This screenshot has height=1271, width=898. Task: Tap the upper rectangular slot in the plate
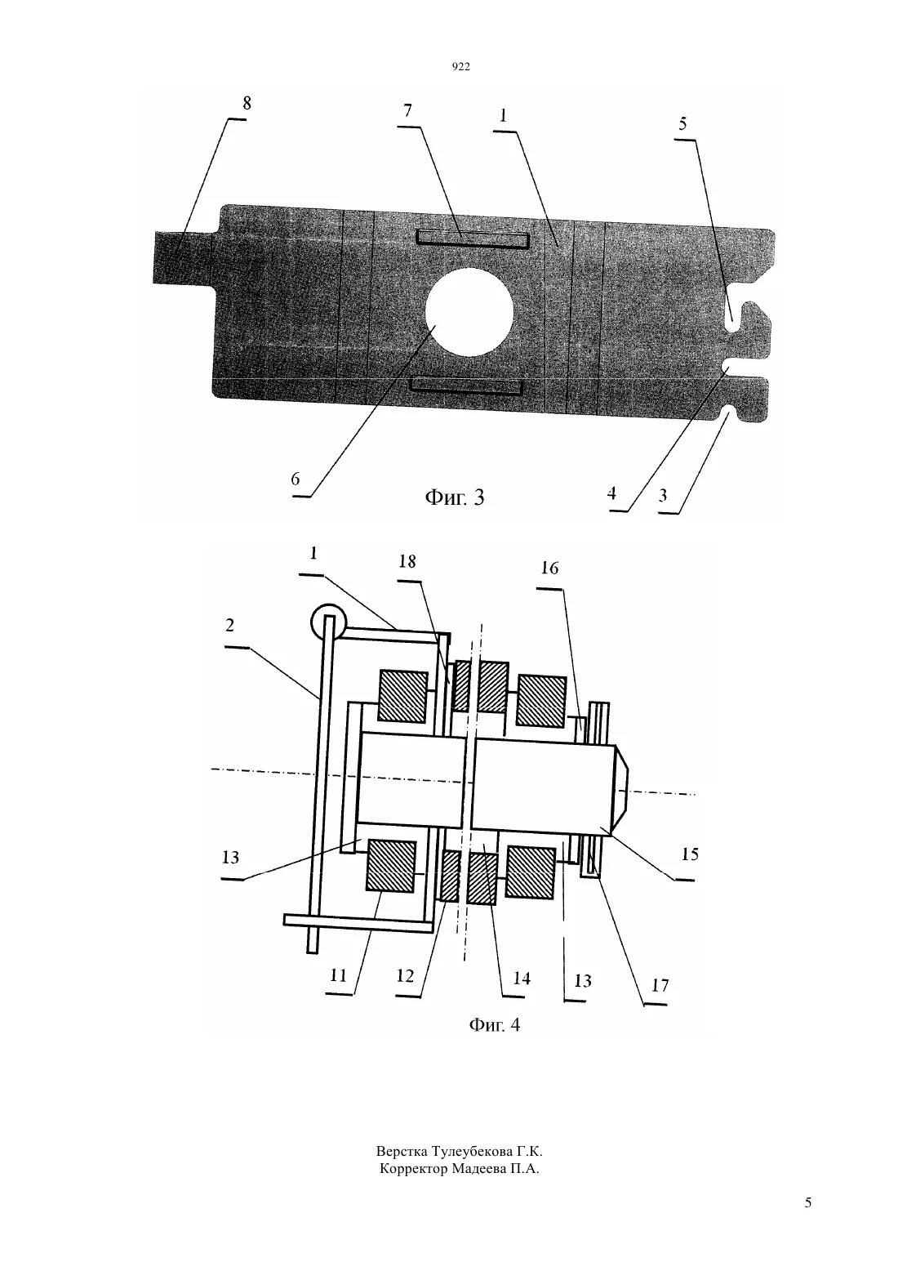click(x=473, y=239)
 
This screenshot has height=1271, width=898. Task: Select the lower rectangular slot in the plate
click(x=468, y=385)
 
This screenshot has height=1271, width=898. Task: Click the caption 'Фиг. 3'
click(x=454, y=497)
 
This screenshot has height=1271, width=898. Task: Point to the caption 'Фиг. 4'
click(x=494, y=1024)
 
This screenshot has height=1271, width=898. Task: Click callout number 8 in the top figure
click(x=247, y=104)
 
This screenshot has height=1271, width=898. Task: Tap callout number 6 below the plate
click(x=296, y=479)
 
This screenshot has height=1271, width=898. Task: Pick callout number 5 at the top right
click(x=682, y=124)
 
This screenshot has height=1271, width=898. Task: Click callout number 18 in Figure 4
click(x=407, y=562)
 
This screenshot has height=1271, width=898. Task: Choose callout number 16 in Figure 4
click(x=549, y=568)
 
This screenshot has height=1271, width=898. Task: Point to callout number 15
click(x=690, y=854)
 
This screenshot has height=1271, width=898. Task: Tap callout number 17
click(x=660, y=985)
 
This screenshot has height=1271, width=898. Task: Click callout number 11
click(x=339, y=975)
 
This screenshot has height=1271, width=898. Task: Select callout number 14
click(x=521, y=978)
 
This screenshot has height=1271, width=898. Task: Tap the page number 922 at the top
click(x=461, y=69)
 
